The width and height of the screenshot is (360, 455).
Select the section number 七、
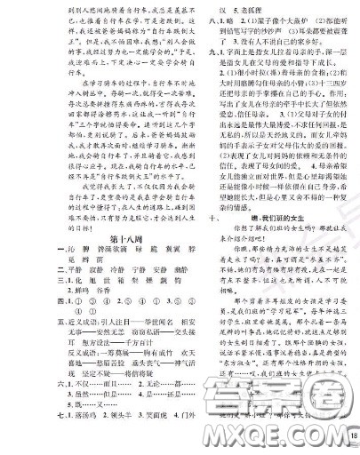[12, 437]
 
